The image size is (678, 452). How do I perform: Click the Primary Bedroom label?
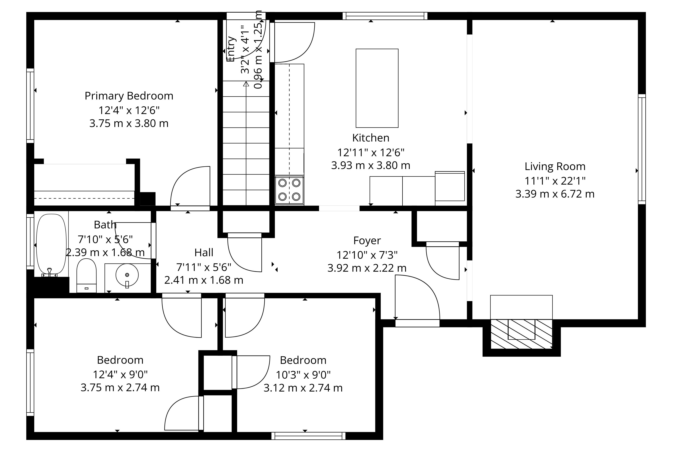[129, 96]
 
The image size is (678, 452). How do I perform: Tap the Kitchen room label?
[371, 138]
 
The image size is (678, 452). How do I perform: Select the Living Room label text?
[555, 167]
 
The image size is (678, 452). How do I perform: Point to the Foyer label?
[367, 241]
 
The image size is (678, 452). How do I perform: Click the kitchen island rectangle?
[377, 88]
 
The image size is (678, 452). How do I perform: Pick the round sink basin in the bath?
[127, 275]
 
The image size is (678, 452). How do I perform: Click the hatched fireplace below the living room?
[521, 334]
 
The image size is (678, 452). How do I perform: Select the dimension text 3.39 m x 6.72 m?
[555, 194]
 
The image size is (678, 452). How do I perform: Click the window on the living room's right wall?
[642, 149]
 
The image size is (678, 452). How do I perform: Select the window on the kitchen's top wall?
[385, 16]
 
